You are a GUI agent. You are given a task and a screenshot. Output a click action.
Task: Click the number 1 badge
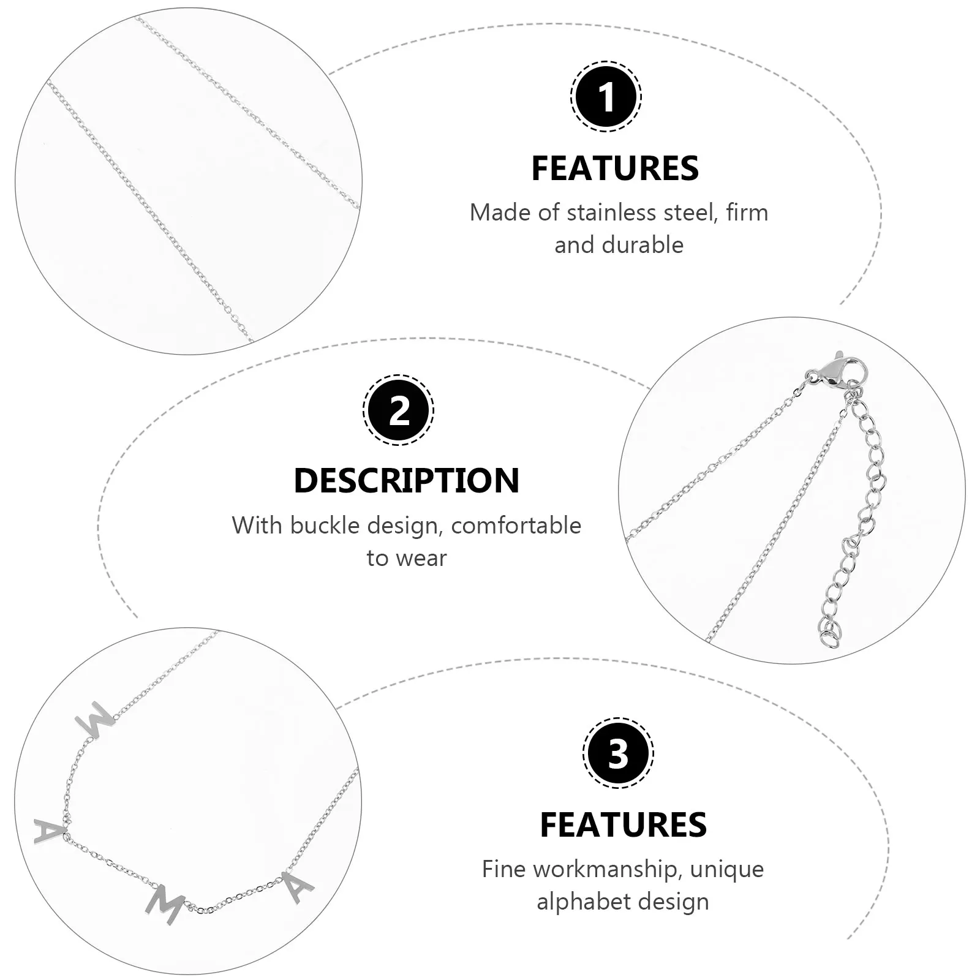(606, 97)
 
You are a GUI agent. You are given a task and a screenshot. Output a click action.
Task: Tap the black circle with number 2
(399, 410)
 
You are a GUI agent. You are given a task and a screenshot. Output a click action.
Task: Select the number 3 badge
(618, 752)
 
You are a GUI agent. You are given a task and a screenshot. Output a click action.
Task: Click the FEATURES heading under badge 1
(615, 168)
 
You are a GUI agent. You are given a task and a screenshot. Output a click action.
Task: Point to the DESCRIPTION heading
(407, 480)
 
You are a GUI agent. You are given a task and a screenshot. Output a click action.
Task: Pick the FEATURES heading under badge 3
(623, 824)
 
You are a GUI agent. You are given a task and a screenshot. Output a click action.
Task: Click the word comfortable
(516, 526)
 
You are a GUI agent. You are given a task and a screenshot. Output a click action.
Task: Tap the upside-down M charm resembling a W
(94, 724)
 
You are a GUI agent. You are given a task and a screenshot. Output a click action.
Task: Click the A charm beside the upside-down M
(49, 831)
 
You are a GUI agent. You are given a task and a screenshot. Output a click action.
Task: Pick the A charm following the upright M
(298, 887)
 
